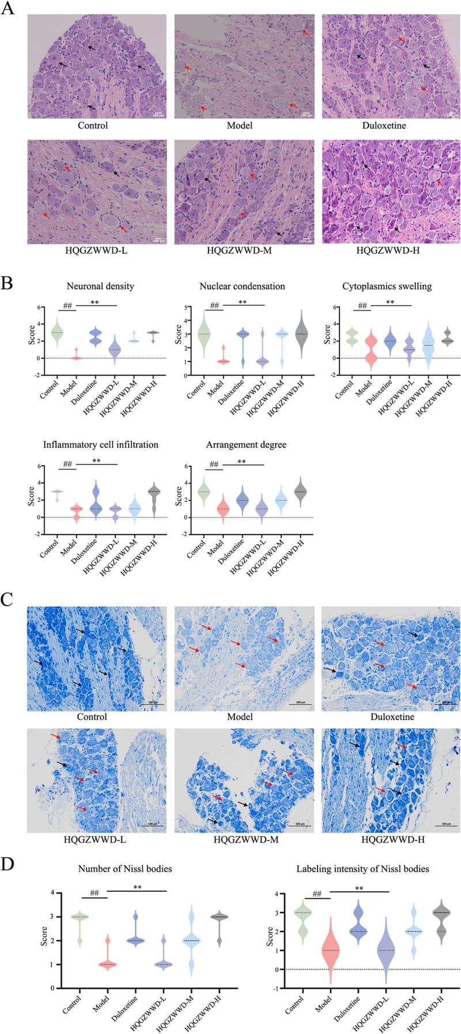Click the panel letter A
[x=8, y=10]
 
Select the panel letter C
[x=7, y=600]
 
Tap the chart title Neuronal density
[x=100, y=286]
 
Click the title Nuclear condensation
[x=242, y=286]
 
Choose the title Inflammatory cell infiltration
[x=100, y=445]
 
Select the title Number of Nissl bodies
[x=125, y=869]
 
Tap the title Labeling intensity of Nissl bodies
[x=362, y=869]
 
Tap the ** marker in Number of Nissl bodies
[x=137, y=888]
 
